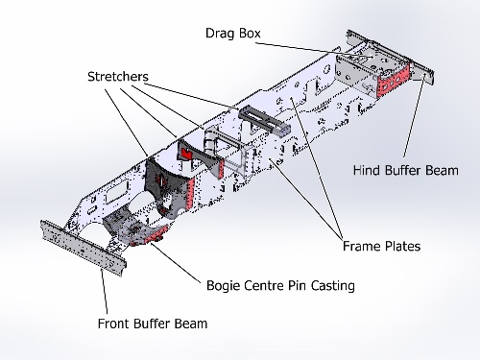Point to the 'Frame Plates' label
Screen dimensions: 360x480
tap(381, 247)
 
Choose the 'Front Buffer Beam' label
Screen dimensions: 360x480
tap(152, 324)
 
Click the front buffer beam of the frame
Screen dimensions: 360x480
tap(82, 247)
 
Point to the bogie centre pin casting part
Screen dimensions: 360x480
tap(146, 234)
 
